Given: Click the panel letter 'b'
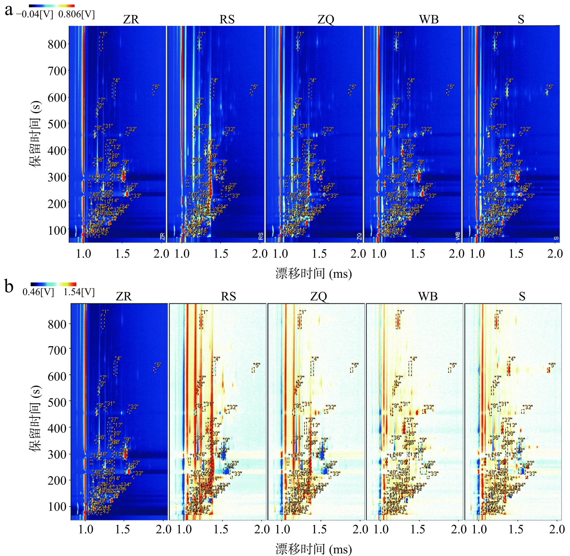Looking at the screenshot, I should (9, 287).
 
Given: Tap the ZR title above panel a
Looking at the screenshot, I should (131, 20).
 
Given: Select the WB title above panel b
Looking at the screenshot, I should (428, 296).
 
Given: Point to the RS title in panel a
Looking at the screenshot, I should (227, 20).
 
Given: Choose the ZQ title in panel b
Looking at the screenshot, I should (319, 296).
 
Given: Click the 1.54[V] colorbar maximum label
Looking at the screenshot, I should (79, 292).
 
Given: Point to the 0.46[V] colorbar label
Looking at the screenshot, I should (38, 292).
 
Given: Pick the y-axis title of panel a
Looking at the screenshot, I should (35, 134).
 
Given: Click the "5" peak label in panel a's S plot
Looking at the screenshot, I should (549, 87).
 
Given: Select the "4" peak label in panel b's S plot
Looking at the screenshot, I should (512, 359).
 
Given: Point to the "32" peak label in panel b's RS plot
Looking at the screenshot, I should (233, 407).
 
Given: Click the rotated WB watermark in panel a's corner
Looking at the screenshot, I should (458, 236).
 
